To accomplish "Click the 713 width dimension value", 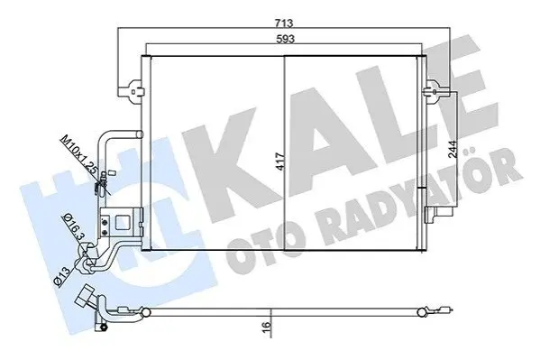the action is pos(284,23).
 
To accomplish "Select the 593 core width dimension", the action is pos(286,39).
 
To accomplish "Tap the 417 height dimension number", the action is pos(281,161).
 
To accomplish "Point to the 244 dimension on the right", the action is pos(453,149).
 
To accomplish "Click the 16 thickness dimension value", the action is pos(266,326).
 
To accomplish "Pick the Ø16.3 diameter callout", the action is pos(73,227).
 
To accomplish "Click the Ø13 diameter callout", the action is pos(63,275).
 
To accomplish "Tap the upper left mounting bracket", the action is pos(132,89).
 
